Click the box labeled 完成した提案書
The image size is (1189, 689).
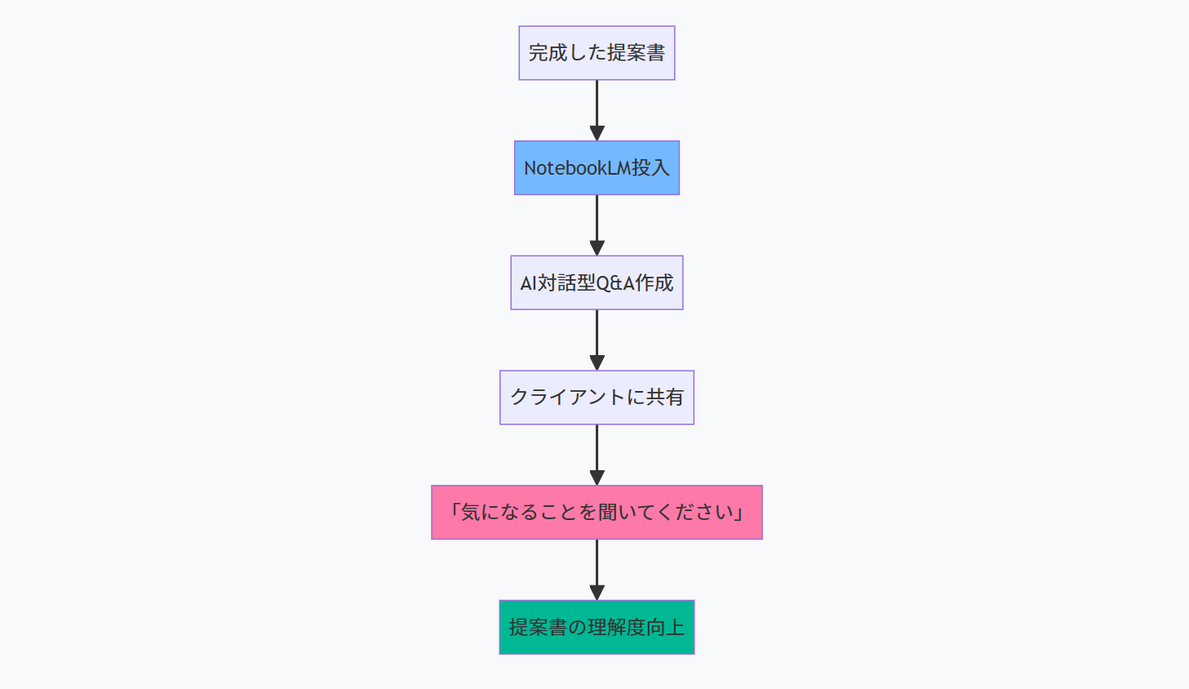[597, 53]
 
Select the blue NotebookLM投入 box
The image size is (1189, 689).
[597, 168]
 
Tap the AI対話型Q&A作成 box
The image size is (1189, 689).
[597, 283]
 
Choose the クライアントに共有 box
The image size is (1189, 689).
[597, 398]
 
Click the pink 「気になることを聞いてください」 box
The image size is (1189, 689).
[597, 513]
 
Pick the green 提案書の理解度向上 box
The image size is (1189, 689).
[597, 627]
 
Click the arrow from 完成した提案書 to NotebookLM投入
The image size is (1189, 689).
[597, 106]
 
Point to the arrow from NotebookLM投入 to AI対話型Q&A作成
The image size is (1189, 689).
[597, 221]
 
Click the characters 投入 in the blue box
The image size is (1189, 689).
[650, 168]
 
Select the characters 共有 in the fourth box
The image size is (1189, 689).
[664, 398]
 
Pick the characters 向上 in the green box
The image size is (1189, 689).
[665, 627]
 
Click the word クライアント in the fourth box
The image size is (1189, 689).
[567, 398]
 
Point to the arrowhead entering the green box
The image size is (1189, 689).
[597, 593]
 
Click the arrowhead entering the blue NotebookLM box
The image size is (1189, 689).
[597, 133]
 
